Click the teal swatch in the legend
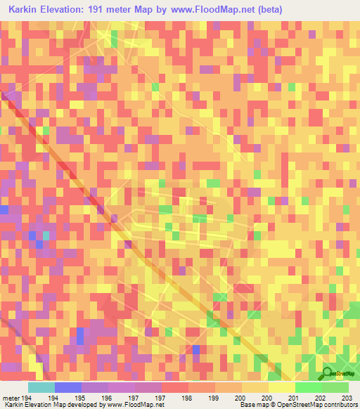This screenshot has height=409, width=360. point(41,388)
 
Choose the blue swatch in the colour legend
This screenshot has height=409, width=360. point(67,388)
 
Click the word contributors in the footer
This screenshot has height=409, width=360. point(340,405)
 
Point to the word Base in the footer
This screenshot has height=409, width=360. point(247,405)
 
